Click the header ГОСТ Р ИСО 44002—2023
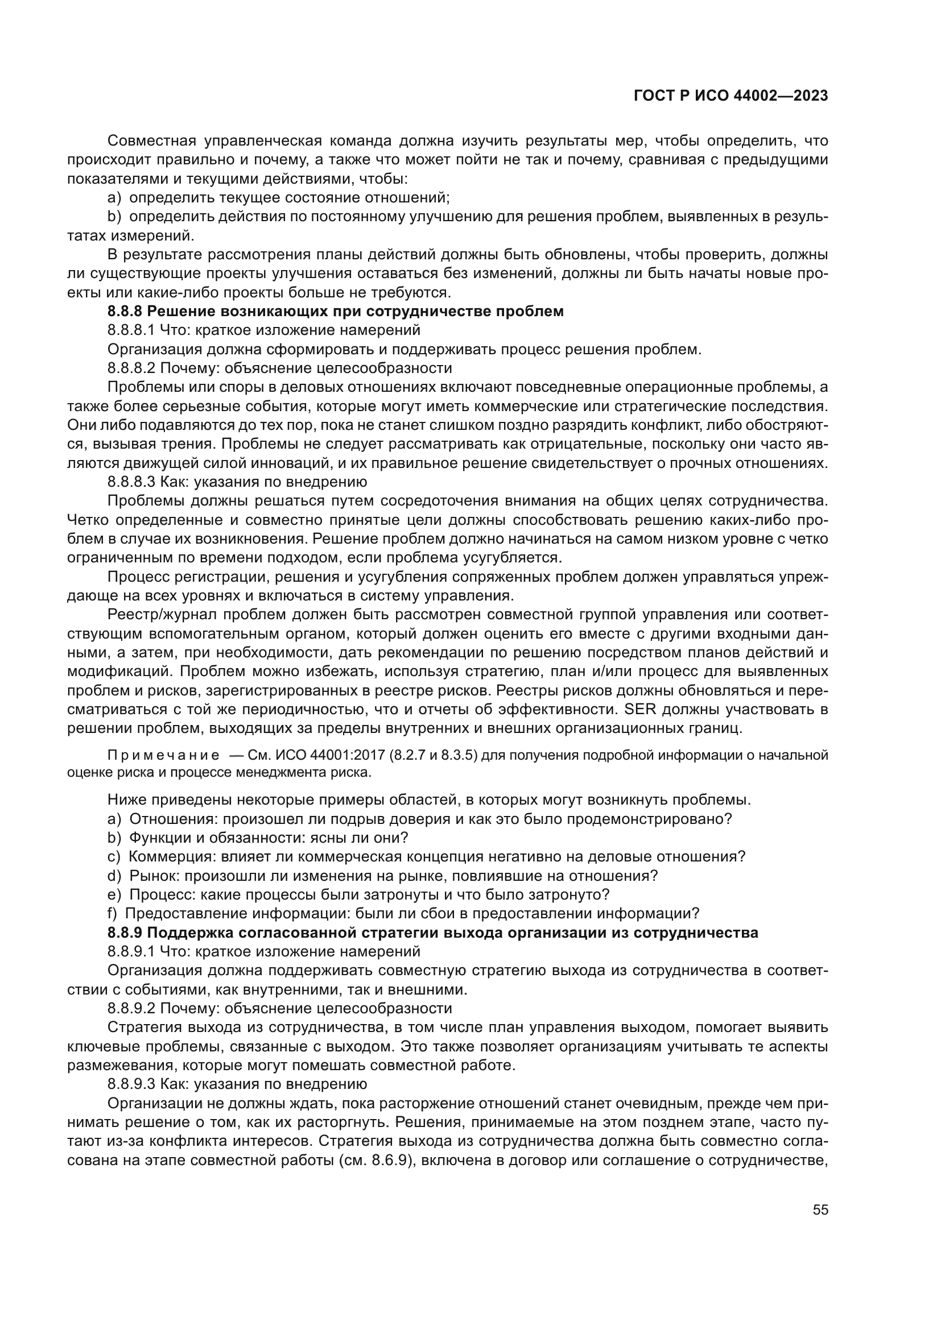point(730,96)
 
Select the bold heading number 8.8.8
point(125,311)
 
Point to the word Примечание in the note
point(163,755)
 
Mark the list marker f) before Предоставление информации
point(113,914)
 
